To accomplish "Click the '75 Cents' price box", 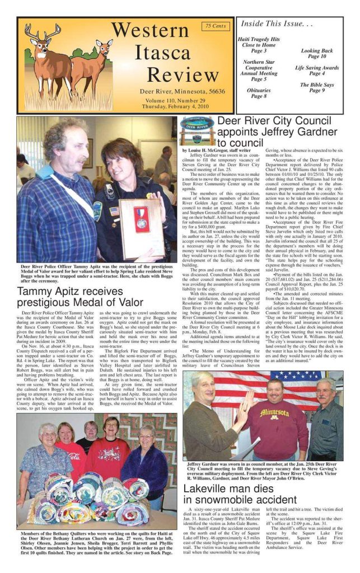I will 216,26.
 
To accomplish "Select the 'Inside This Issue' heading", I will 275,24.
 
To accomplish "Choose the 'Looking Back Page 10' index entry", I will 317,53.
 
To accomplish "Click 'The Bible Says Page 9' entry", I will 317,87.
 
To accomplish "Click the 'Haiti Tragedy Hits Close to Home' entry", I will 258,45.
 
